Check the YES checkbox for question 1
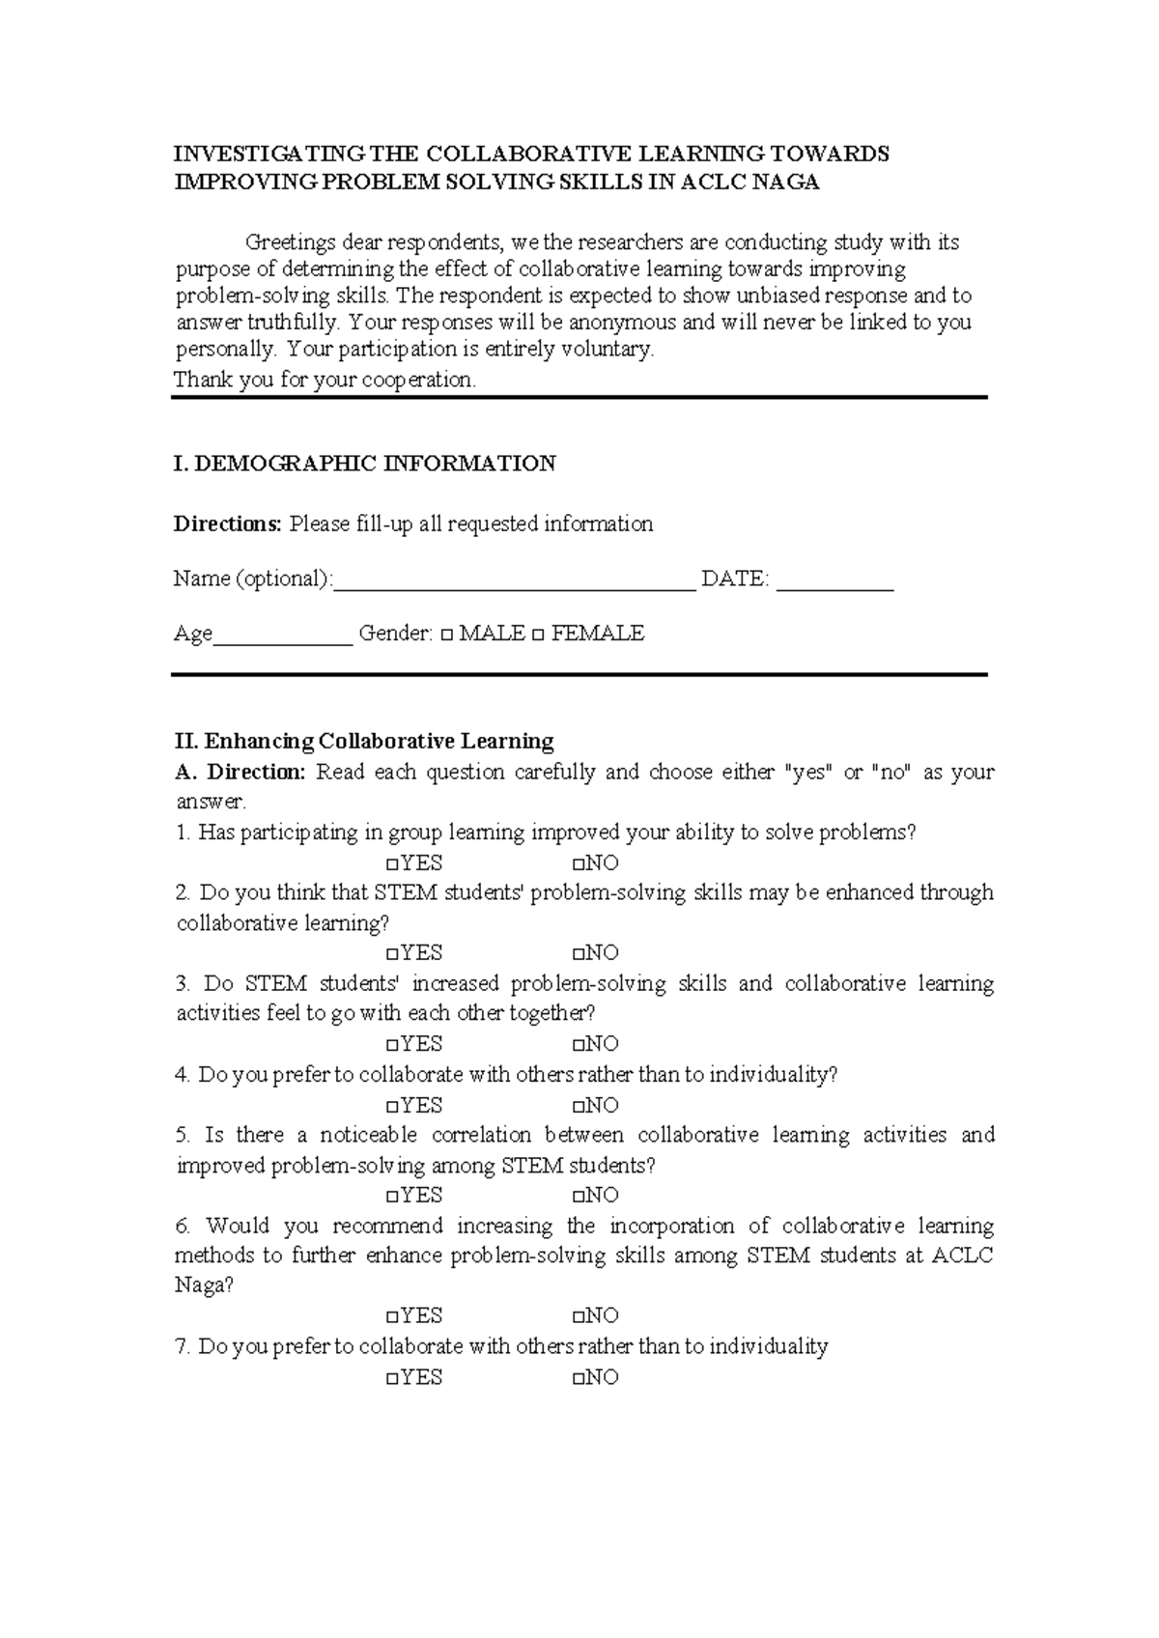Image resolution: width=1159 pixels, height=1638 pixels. point(391,864)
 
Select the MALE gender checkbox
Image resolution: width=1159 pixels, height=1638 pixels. point(446,635)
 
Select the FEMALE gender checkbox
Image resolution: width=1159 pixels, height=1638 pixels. point(538,635)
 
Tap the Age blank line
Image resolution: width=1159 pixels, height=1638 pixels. point(282,635)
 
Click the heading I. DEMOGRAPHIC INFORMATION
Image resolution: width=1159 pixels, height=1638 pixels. point(364,464)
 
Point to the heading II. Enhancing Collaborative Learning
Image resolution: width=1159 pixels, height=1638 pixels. point(364,742)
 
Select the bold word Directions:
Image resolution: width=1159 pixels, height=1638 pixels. point(227,523)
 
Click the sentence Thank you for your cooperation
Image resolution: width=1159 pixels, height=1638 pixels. point(325,380)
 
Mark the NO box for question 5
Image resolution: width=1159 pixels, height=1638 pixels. point(578,1197)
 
